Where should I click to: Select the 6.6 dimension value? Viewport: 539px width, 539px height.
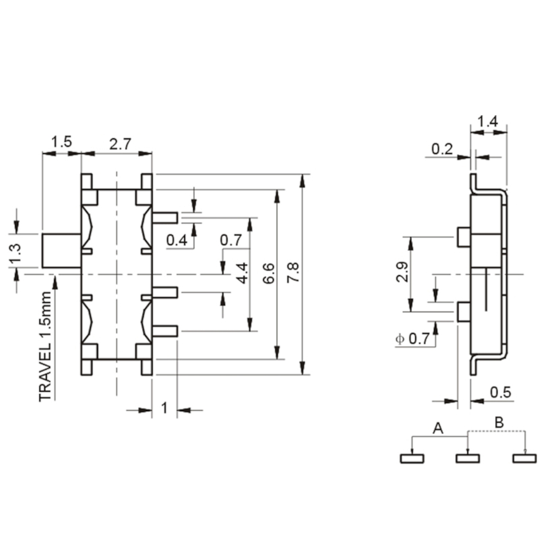[268, 273]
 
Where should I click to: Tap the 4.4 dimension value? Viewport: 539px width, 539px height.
[243, 273]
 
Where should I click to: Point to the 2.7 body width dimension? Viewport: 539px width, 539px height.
[120, 144]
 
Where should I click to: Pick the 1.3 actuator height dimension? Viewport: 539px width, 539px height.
[15, 255]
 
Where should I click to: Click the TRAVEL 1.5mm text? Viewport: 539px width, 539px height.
[45, 346]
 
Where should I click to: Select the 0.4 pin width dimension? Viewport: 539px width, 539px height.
[177, 239]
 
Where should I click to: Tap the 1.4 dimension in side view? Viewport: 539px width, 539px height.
[488, 121]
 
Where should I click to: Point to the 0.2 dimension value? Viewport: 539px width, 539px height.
[442, 149]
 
